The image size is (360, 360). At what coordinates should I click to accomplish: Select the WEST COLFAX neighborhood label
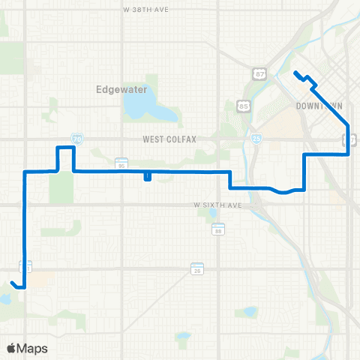coord(168,139)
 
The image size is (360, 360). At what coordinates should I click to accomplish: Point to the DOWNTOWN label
coord(319,106)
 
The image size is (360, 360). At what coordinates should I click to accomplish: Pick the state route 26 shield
coord(196,268)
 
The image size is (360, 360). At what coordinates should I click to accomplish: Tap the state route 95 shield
coord(121,162)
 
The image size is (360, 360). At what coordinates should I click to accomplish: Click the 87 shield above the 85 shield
coord(259,73)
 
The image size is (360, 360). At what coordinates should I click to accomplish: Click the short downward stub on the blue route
coord(147,177)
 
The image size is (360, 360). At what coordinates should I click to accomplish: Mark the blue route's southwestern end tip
coord(13,281)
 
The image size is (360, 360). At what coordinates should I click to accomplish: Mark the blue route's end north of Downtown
coord(295,73)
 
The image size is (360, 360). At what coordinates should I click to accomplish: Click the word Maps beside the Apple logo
coord(34,348)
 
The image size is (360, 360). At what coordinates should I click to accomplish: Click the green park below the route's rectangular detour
coord(61,187)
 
